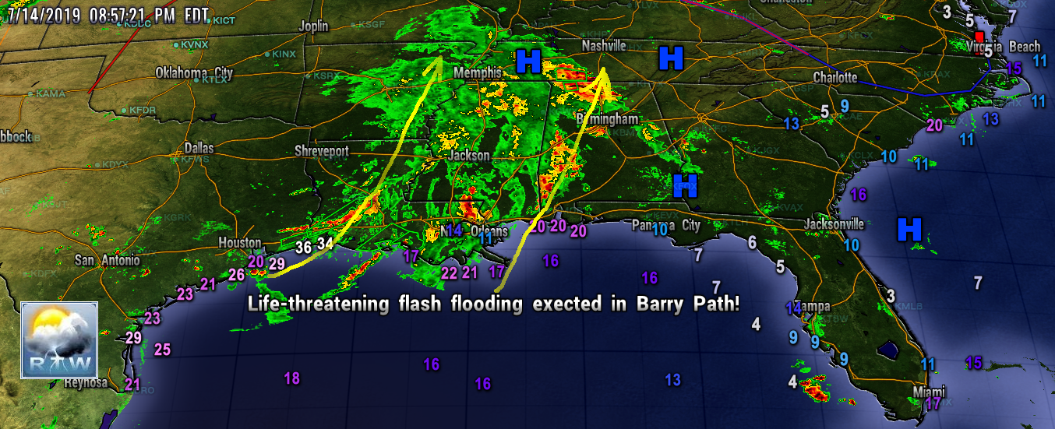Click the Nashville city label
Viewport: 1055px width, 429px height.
coord(604,47)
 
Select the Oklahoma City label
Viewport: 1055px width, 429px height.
coord(194,72)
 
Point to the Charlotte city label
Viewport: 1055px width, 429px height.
coord(834,78)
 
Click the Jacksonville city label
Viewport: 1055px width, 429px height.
coord(834,224)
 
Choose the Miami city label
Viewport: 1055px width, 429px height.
coord(929,391)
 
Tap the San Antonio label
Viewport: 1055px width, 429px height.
coord(108,260)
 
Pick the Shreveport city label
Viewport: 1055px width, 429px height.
coord(321,150)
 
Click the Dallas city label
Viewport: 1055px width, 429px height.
coord(199,148)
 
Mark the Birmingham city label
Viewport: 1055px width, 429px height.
coord(606,119)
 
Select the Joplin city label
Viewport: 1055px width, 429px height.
coord(313,26)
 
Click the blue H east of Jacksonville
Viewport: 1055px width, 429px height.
coord(909,229)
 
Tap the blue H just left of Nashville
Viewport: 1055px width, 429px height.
coord(528,61)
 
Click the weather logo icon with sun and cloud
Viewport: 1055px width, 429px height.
coord(59,339)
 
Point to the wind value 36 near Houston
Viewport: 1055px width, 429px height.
coord(304,247)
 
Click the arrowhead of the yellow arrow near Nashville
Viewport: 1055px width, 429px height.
coord(602,76)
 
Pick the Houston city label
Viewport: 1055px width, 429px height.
coord(239,243)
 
